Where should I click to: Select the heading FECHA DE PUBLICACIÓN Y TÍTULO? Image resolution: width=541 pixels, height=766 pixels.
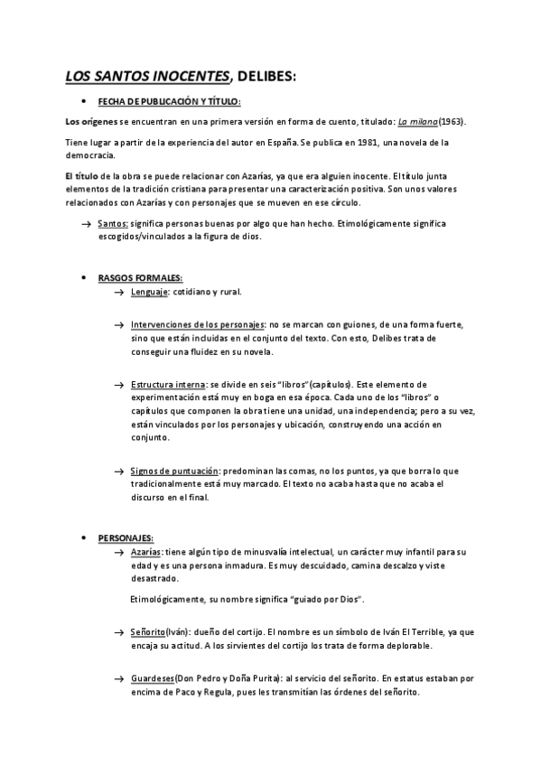[x=169, y=101]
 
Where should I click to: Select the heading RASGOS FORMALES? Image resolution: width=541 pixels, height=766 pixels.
[x=140, y=277]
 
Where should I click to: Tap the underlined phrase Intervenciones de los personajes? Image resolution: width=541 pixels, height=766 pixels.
[x=198, y=324]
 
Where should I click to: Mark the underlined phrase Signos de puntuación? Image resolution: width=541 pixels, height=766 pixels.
[x=174, y=471]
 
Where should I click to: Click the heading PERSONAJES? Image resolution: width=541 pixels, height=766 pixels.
[x=126, y=538]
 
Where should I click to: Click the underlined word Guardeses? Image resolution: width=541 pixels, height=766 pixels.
[x=153, y=677]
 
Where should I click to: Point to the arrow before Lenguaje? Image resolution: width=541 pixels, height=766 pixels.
[x=119, y=293]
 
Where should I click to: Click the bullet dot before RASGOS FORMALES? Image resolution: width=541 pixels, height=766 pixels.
[x=84, y=278]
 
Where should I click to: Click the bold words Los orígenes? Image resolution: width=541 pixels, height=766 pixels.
[x=92, y=120]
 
